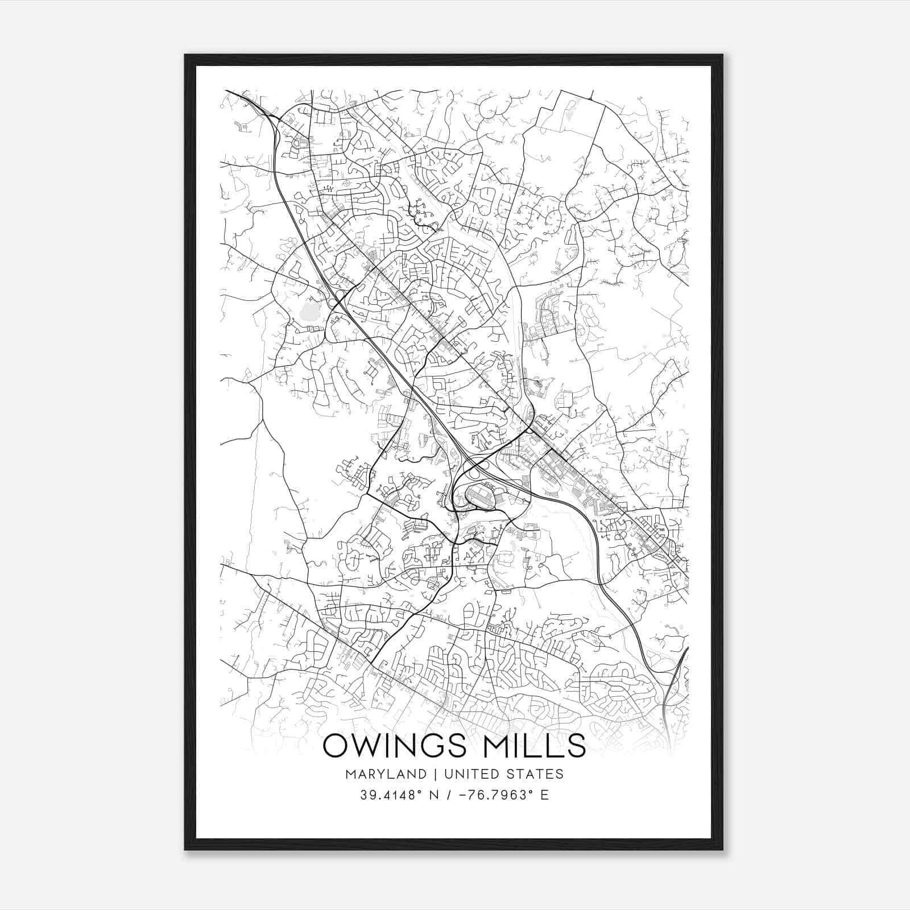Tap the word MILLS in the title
pos(538,746)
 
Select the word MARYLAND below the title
pos(384,774)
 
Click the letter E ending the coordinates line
pos(545,795)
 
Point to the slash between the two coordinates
pos(453,795)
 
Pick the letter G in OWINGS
pos(446,746)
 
